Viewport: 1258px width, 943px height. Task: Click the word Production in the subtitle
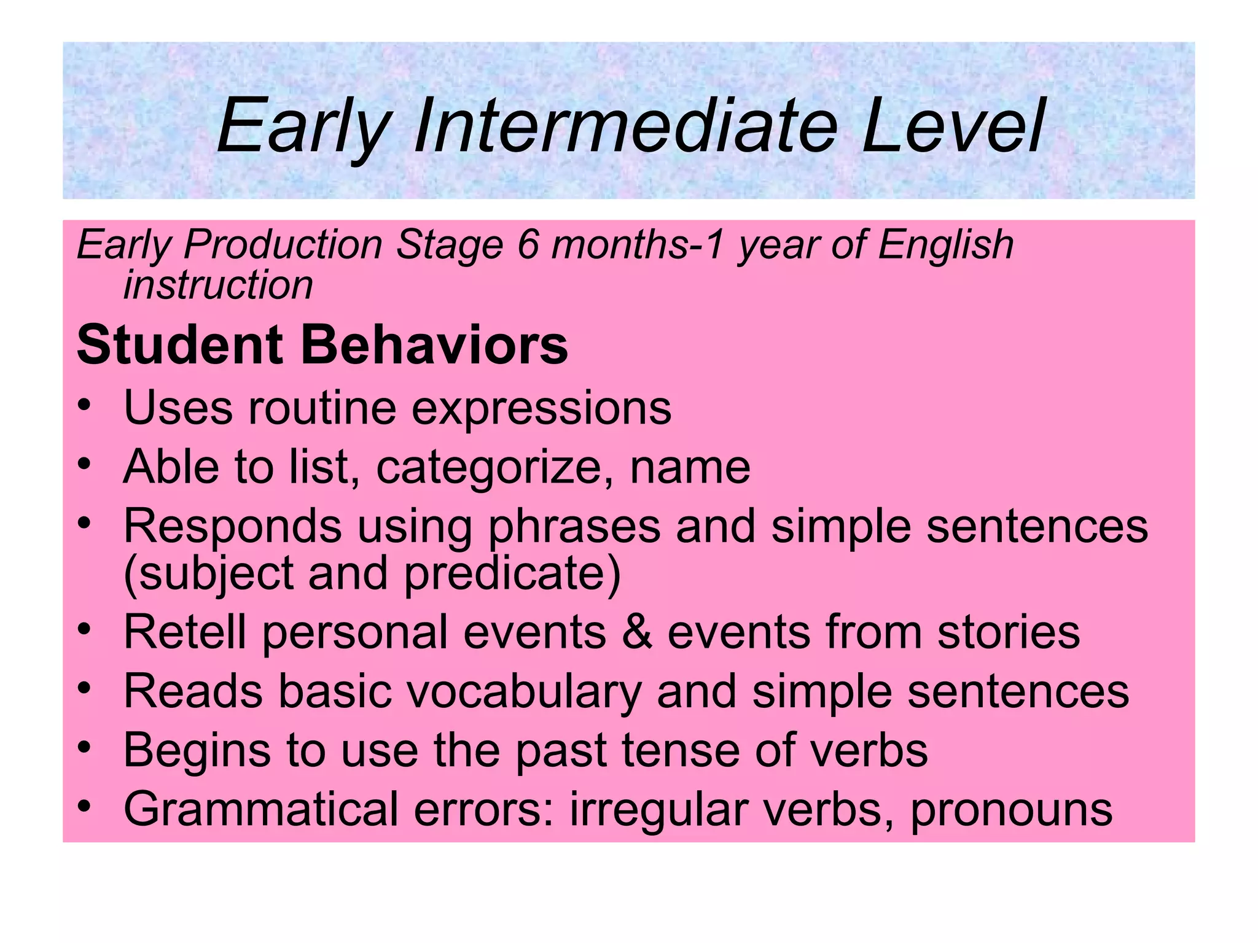click(283, 244)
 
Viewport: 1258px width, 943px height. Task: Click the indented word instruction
click(218, 285)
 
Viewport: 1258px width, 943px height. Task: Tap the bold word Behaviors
click(434, 345)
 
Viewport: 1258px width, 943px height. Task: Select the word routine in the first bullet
click(322, 408)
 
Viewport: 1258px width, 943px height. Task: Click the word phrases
click(574, 527)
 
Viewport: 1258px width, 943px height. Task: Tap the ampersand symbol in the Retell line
click(636, 632)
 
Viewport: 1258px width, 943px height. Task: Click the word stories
click(1008, 632)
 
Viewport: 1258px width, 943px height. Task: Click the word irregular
click(657, 809)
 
